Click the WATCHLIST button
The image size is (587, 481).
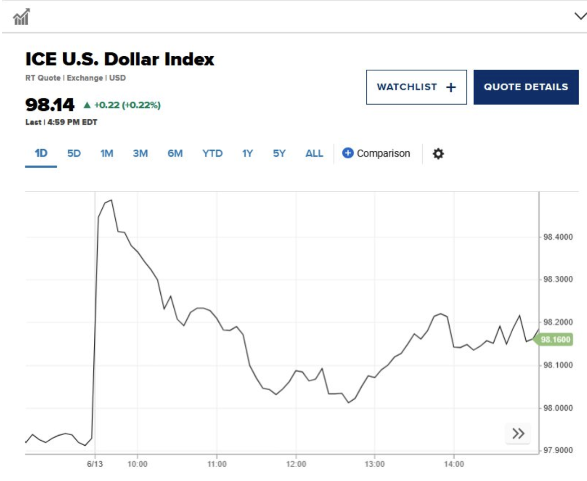416,87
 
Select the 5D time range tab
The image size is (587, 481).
74,154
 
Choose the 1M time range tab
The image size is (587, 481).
107,154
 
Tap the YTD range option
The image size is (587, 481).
212,154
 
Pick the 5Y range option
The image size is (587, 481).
279,154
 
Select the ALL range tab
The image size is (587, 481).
314,154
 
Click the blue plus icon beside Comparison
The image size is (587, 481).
348,153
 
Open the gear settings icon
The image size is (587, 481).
438,154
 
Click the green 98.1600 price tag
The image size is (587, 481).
555,339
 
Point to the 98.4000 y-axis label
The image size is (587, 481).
558,237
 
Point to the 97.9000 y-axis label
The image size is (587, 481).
558,450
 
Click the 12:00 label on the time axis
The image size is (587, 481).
296,464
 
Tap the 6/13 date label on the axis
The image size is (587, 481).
95,464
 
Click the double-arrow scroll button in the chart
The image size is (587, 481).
518,434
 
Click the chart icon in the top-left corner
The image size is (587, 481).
21,17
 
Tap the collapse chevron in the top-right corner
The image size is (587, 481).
580,16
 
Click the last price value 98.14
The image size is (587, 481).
50,105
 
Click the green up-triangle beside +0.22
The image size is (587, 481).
87,105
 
